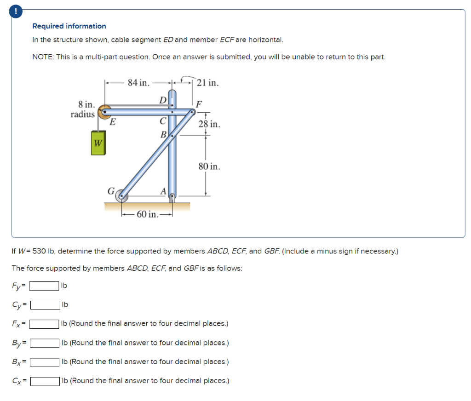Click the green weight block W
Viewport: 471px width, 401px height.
[98, 143]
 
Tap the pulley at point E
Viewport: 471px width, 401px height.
[105, 110]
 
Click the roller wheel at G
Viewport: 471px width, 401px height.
[121, 196]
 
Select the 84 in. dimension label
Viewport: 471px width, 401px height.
[138, 83]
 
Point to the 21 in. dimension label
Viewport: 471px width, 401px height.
[207, 83]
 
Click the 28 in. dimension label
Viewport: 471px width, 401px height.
[209, 124]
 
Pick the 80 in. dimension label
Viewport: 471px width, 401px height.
[209, 166]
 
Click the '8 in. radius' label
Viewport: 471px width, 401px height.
[83, 109]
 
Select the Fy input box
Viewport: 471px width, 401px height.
[44, 286]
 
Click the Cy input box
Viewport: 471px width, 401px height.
[45, 304]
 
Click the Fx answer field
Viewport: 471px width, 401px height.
[45, 324]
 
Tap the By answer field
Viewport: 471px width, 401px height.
[45, 343]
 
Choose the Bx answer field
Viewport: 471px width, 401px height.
[45, 362]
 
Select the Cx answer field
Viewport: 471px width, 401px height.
[45, 381]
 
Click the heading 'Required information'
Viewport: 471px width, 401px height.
[69, 26]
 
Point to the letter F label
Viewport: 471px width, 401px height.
[199, 103]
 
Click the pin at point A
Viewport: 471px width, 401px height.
[172, 197]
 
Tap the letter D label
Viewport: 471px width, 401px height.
[162, 99]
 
